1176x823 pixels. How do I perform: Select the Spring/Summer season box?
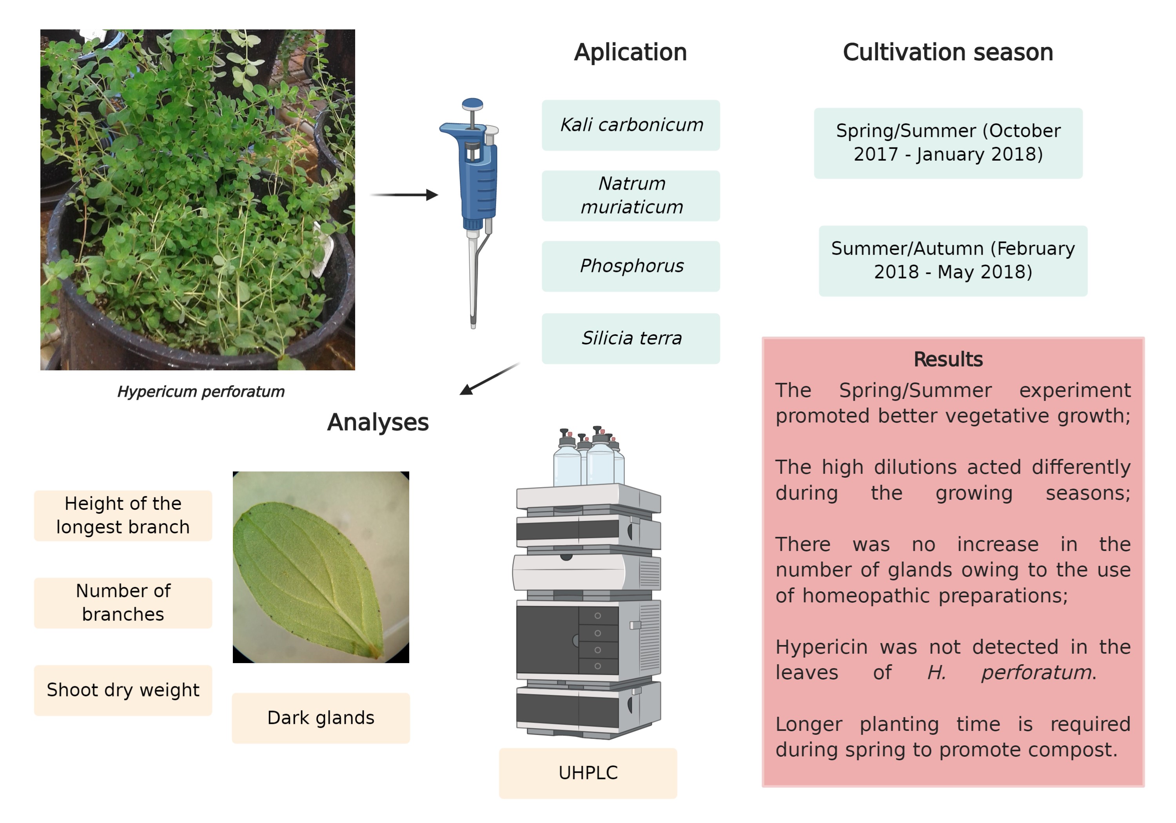pos(948,143)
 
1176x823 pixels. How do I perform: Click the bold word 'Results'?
pos(948,359)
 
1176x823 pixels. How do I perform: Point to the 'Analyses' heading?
pos(377,423)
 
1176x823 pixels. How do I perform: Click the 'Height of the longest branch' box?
pos(123,516)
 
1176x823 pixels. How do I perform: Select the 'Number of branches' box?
pos(123,603)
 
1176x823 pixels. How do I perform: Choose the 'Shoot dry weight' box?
pos(123,691)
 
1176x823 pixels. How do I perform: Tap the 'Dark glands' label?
pos(321,718)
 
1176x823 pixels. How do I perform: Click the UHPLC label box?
pos(588,773)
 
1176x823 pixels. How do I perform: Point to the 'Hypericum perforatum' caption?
pos(201,392)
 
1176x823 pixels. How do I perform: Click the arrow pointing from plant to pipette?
pos(404,195)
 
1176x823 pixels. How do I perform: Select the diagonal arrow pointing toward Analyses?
pos(490,379)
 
